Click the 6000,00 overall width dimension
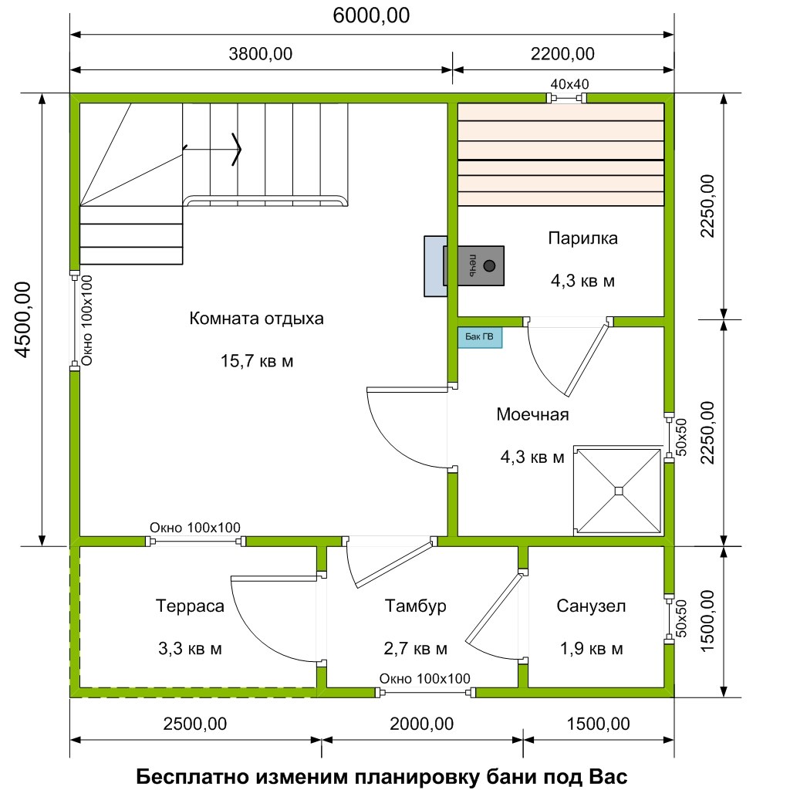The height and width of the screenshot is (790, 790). (371, 15)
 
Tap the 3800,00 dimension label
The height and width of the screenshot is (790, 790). (261, 54)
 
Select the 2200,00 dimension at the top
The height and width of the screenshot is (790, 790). (562, 54)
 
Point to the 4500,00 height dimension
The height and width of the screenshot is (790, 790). (23, 319)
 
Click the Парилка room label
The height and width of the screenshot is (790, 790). (583, 238)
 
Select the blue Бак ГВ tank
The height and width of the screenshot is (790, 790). (480, 337)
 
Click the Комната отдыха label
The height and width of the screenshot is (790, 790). (256, 319)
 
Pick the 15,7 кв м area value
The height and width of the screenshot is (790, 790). (257, 361)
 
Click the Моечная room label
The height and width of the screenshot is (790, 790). (532, 414)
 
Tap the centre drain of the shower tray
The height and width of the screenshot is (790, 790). (619, 491)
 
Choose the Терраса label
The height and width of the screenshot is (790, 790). (190, 606)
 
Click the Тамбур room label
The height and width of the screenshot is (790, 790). (415, 606)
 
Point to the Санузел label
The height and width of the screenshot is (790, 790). (591, 606)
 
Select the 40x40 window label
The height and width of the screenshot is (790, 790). (569, 84)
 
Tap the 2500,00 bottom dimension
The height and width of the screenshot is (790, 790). (195, 724)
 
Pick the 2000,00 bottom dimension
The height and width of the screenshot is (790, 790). (422, 724)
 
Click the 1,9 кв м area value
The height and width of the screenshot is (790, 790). (592, 648)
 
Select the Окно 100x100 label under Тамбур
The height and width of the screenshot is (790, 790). (425, 679)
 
